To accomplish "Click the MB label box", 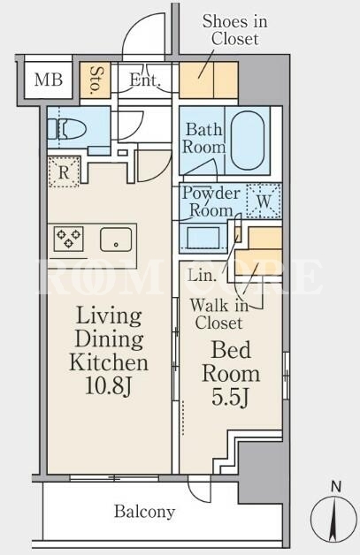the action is [x=49, y=80].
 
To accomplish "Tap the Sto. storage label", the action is [x=96, y=80].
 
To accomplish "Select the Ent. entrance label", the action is [x=145, y=80].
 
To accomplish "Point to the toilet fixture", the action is [x=67, y=129].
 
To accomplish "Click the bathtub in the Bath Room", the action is [x=248, y=141].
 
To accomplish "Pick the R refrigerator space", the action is [x=64, y=172].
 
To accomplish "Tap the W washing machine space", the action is [x=264, y=201].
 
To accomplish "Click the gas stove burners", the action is [x=69, y=239].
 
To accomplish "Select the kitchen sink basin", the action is [x=116, y=239].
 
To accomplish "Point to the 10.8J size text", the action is [x=109, y=386].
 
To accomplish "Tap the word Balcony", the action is [x=144, y=512].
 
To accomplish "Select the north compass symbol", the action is [x=334, y=516].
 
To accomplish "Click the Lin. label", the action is [x=202, y=275].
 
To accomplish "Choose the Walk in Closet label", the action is [x=219, y=314].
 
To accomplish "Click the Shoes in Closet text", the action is [x=234, y=30].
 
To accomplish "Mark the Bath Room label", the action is [x=203, y=138].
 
